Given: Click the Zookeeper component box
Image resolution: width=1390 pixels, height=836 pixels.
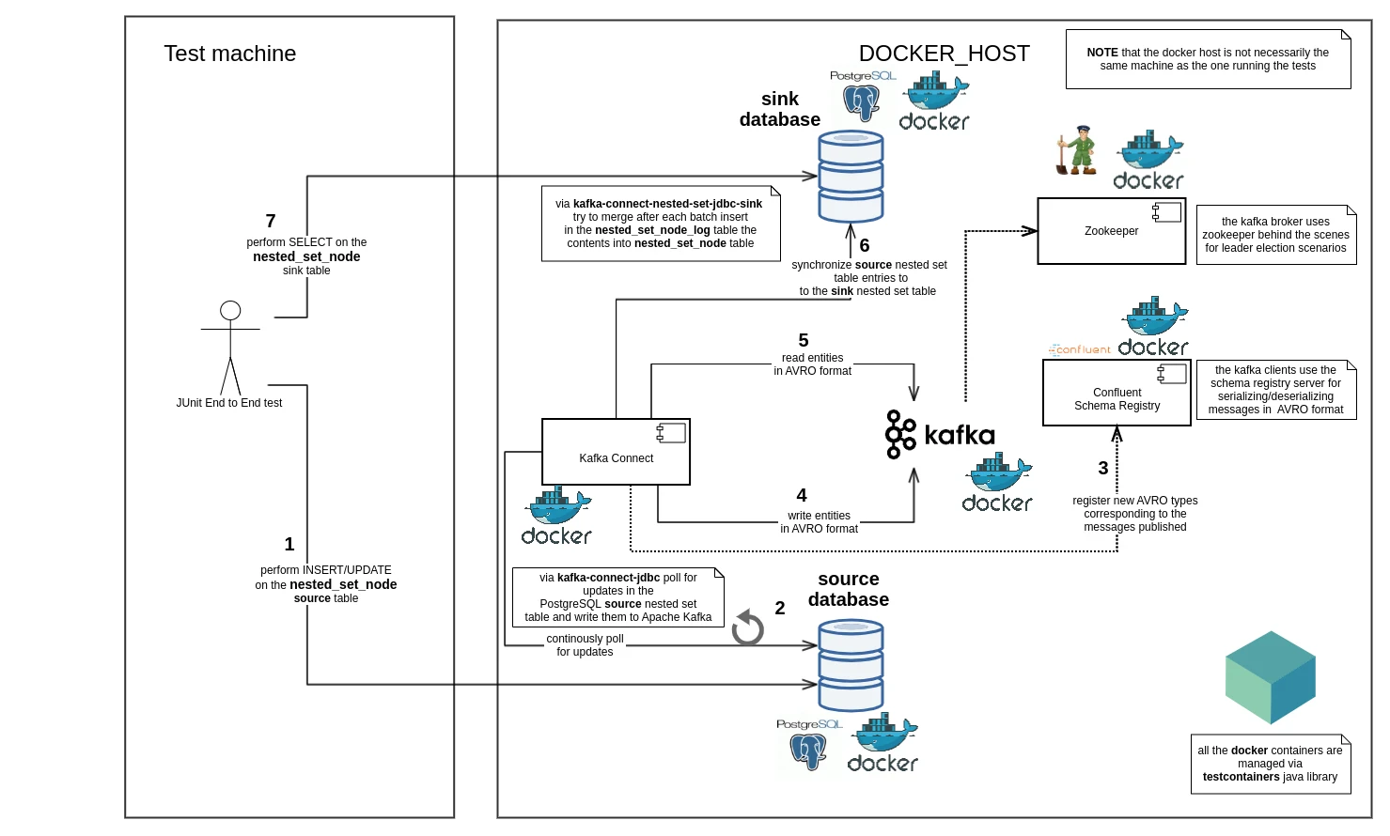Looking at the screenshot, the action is [1111, 231].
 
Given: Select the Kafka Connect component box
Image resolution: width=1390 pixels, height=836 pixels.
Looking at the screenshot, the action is [616, 452].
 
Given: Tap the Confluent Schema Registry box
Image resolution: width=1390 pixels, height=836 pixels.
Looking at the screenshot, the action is [1117, 393].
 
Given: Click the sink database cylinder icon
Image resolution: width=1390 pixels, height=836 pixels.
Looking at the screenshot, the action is [851, 177].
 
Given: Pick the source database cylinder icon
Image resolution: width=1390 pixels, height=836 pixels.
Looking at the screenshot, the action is [851, 665].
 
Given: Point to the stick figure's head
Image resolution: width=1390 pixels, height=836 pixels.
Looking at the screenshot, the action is [230, 310].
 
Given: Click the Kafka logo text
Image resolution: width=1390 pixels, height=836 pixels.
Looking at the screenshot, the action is [959, 435].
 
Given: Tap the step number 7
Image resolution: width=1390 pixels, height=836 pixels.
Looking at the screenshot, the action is [271, 221].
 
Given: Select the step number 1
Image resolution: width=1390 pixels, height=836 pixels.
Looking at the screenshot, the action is [289, 544].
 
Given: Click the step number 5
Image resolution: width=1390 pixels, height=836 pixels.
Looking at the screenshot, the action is [803, 340].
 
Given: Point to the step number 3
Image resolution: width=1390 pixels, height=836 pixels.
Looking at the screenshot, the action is [1102, 468].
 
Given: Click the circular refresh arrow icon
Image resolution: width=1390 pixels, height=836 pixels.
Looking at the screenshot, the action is [747, 627].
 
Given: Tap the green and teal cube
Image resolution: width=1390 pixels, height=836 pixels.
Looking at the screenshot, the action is [1271, 677].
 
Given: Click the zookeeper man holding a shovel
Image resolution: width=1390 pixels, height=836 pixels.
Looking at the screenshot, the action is [1077, 150].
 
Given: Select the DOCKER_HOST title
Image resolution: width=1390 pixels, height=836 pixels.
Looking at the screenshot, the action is [944, 54].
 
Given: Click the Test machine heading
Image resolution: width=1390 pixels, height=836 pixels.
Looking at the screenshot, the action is [229, 54].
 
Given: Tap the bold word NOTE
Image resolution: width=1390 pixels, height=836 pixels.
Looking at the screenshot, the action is [1102, 53].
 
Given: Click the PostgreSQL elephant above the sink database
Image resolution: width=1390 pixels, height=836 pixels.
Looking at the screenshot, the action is [861, 102].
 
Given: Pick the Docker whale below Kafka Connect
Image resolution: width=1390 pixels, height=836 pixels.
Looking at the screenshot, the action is [556, 516].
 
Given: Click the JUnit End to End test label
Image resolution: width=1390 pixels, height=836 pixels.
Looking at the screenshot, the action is [229, 402].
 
